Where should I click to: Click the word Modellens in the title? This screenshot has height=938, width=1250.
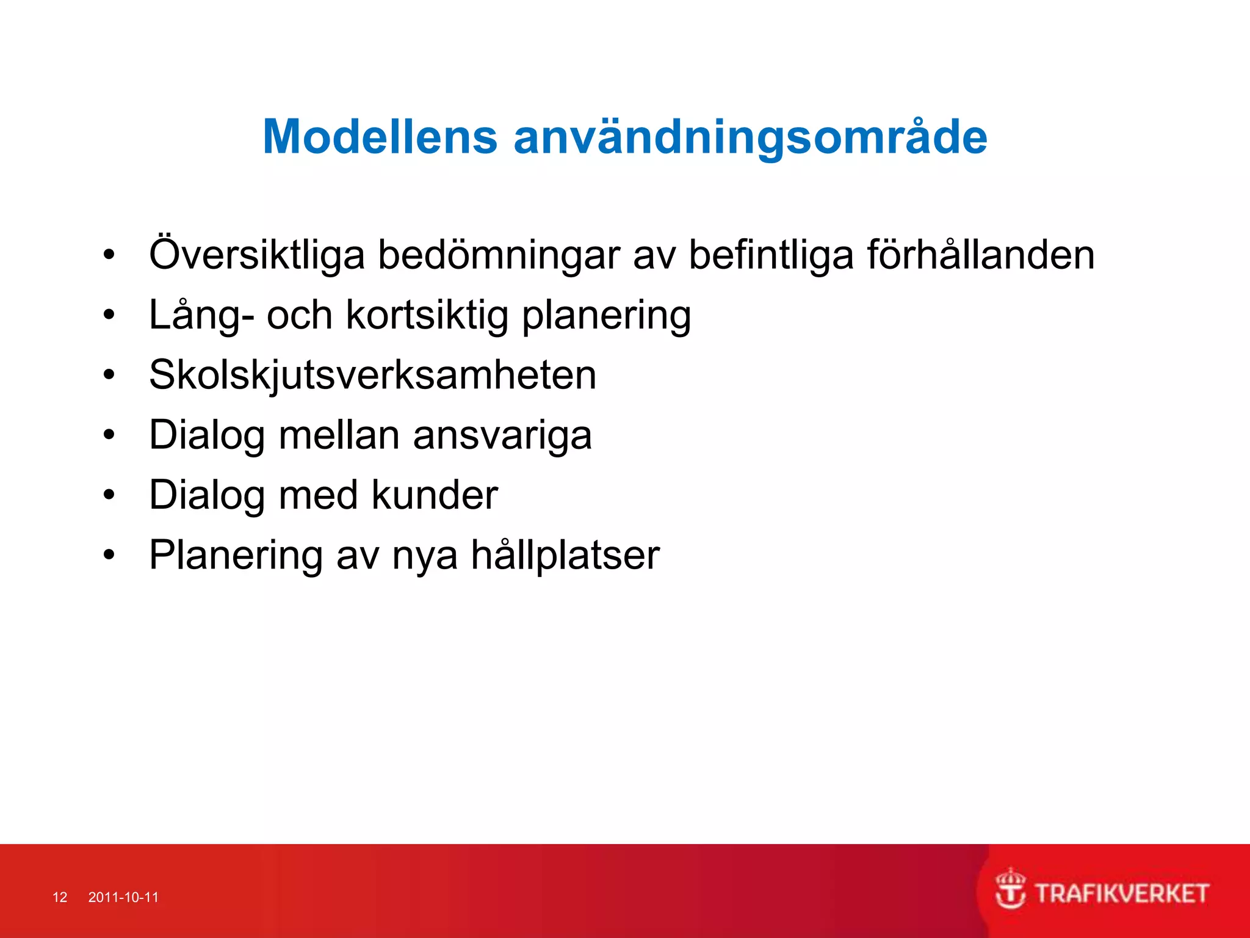380,137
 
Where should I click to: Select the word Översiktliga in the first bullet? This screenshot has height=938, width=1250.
257,255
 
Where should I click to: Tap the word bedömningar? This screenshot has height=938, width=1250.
499,255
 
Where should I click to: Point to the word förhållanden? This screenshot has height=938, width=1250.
981,255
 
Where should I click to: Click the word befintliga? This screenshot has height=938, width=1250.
771,255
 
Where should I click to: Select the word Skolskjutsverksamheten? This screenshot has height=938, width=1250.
372,375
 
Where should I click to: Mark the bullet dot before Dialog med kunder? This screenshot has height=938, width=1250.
109,495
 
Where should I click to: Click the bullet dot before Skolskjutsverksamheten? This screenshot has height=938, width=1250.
109,375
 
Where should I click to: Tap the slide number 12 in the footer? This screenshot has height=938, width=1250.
60,897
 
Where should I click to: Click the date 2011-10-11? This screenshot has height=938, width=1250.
123,897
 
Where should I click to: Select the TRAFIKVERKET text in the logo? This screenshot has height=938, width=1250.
1122,894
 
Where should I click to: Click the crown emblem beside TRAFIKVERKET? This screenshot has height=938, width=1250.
1010,889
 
